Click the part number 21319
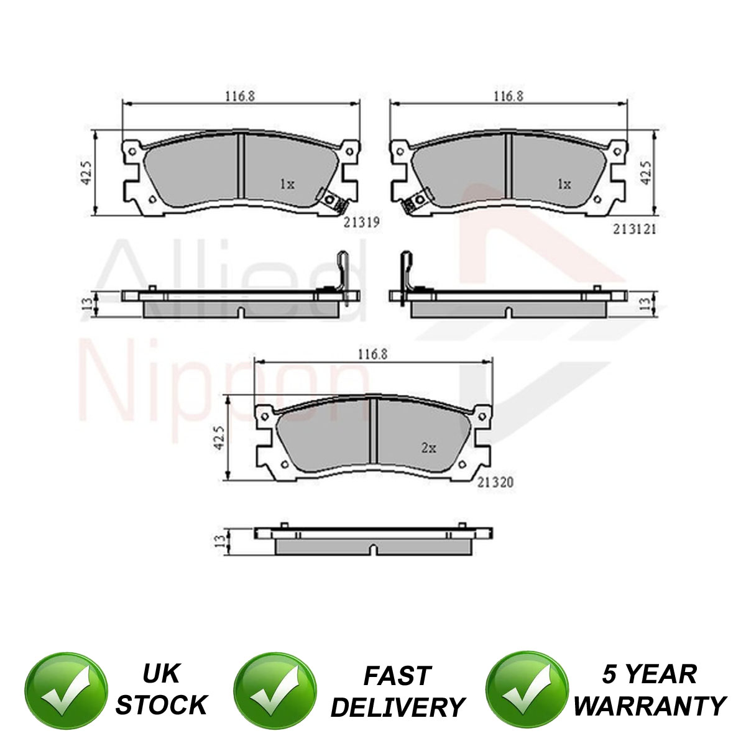point(362,222)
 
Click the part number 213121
point(634,229)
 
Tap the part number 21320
point(495,482)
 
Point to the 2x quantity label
point(428,448)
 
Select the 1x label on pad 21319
point(287,184)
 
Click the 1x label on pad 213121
point(564,184)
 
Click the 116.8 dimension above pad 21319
point(241,96)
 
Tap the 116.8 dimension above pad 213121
point(509,96)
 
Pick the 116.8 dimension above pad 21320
point(372,354)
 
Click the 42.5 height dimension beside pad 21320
point(219,438)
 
